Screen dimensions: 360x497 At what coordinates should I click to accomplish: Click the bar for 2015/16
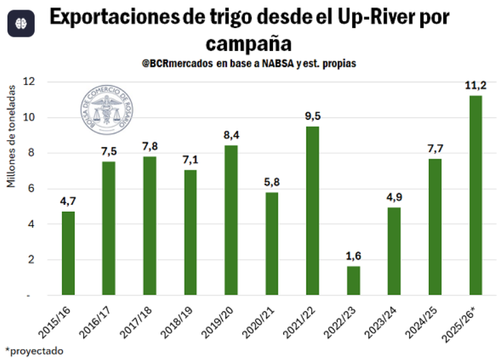pyautogui.click(x=68, y=253)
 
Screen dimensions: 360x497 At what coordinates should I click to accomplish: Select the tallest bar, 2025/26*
pyautogui.click(x=475, y=196)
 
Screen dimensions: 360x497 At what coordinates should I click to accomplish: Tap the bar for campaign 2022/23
pyautogui.click(x=353, y=280)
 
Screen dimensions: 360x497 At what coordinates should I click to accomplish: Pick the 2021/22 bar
pyautogui.click(x=312, y=211)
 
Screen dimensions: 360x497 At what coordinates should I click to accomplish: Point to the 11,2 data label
pyautogui.click(x=475, y=85)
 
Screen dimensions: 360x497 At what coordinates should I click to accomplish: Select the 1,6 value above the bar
pyautogui.click(x=353, y=256)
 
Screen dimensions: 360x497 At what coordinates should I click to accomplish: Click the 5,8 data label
pyautogui.click(x=272, y=182)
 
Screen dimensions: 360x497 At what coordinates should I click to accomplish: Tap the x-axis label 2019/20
pyautogui.click(x=218, y=323)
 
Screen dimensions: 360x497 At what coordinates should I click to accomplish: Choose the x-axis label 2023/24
pyautogui.click(x=381, y=323)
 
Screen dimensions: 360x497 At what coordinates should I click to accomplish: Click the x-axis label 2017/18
pyautogui.click(x=136, y=323)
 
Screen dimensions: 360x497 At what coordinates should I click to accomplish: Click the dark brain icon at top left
pyautogui.click(x=20, y=23)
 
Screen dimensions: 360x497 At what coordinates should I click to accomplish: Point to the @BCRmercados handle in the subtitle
pyautogui.click(x=177, y=63)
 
